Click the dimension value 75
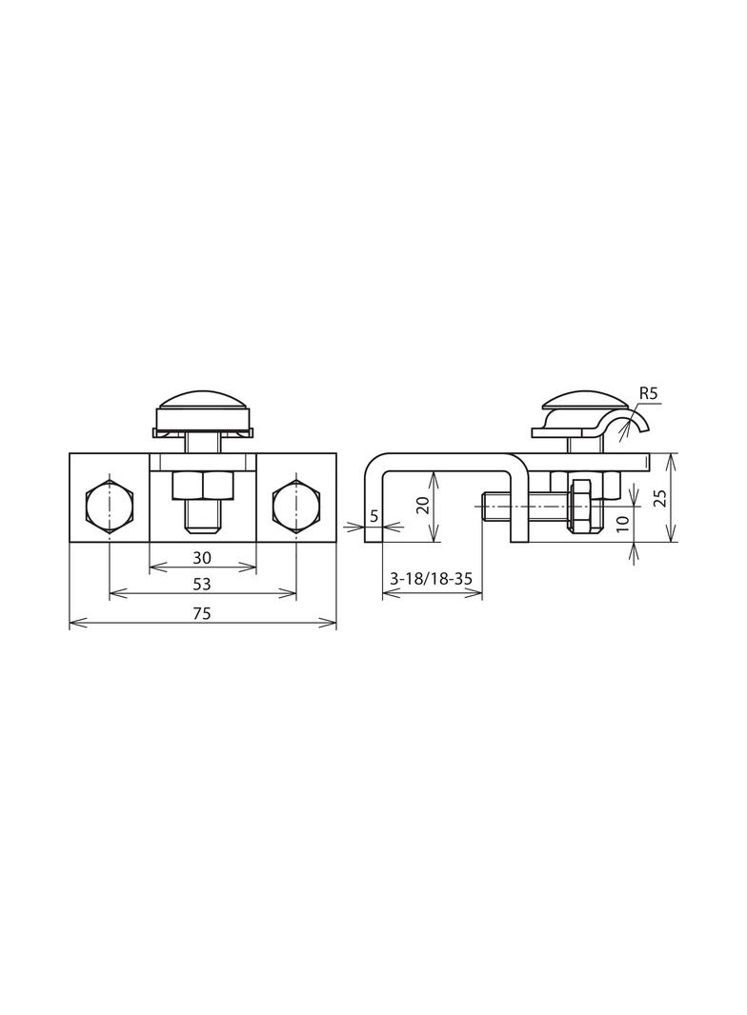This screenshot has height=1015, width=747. click(201, 613)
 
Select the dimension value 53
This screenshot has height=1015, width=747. click(201, 584)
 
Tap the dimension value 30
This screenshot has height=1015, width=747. click(202, 557)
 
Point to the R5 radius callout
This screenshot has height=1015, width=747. click(649, 393)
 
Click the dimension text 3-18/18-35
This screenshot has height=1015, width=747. click(431, 579)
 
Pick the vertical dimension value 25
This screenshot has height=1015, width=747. click(659, 497)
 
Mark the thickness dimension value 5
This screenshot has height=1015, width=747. click(373, 516)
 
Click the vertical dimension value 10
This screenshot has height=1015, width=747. click(622, 524)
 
